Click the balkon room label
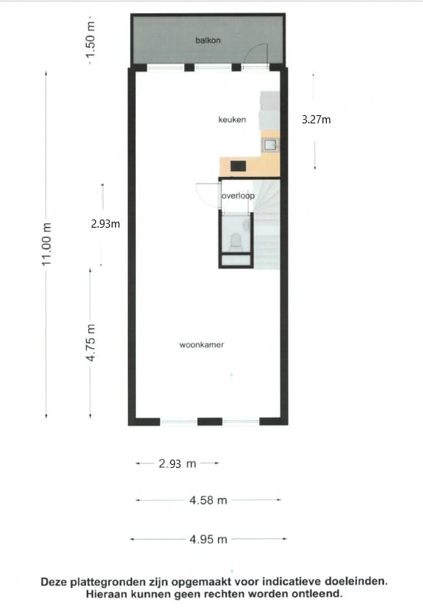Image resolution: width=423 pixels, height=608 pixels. (208, 40)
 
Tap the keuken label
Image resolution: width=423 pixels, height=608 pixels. (231, 120)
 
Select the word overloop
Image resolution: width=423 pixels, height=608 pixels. (238, 197)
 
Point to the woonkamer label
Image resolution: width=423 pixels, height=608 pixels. (201, 344)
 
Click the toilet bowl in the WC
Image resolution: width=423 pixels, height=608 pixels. (236, 240)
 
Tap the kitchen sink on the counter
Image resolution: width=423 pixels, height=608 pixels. (270, 145)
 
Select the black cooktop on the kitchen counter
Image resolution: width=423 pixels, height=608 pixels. (239, 166)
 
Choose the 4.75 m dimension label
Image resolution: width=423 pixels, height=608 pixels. (91, 343)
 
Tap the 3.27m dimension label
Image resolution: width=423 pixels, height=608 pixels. (316, 119)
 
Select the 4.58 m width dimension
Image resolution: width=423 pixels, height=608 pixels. (208, 500)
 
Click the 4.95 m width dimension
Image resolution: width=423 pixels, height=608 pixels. (208, 539)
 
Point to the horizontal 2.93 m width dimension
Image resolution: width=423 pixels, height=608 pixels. (178, 463)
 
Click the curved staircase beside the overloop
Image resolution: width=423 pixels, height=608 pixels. (269, 220)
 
